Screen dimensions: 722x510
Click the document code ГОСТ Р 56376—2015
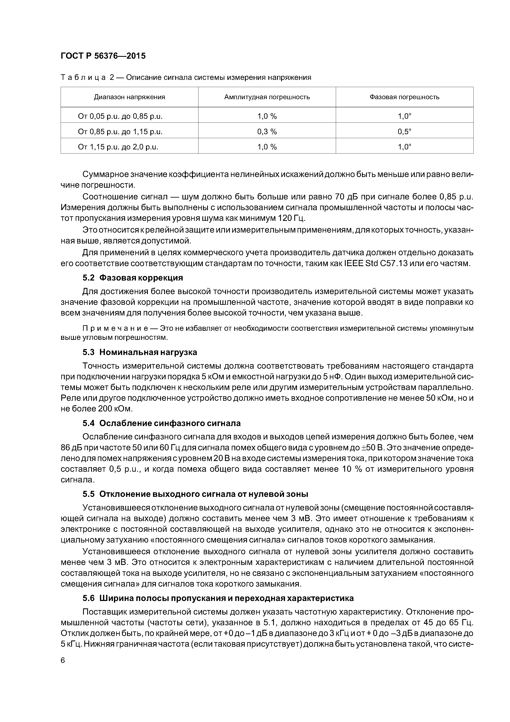pyautogui.click(x=103, y=56)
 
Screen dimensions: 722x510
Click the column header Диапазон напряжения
pyautogui.click(x=130, y=97)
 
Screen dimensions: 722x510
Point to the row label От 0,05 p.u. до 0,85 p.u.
pyautogui.click(x=120, y=116)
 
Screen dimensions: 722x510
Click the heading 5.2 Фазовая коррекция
pyautogui.click(x=133, y=278)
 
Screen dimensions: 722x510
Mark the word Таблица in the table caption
pyautogui.click(x=83, y=78)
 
